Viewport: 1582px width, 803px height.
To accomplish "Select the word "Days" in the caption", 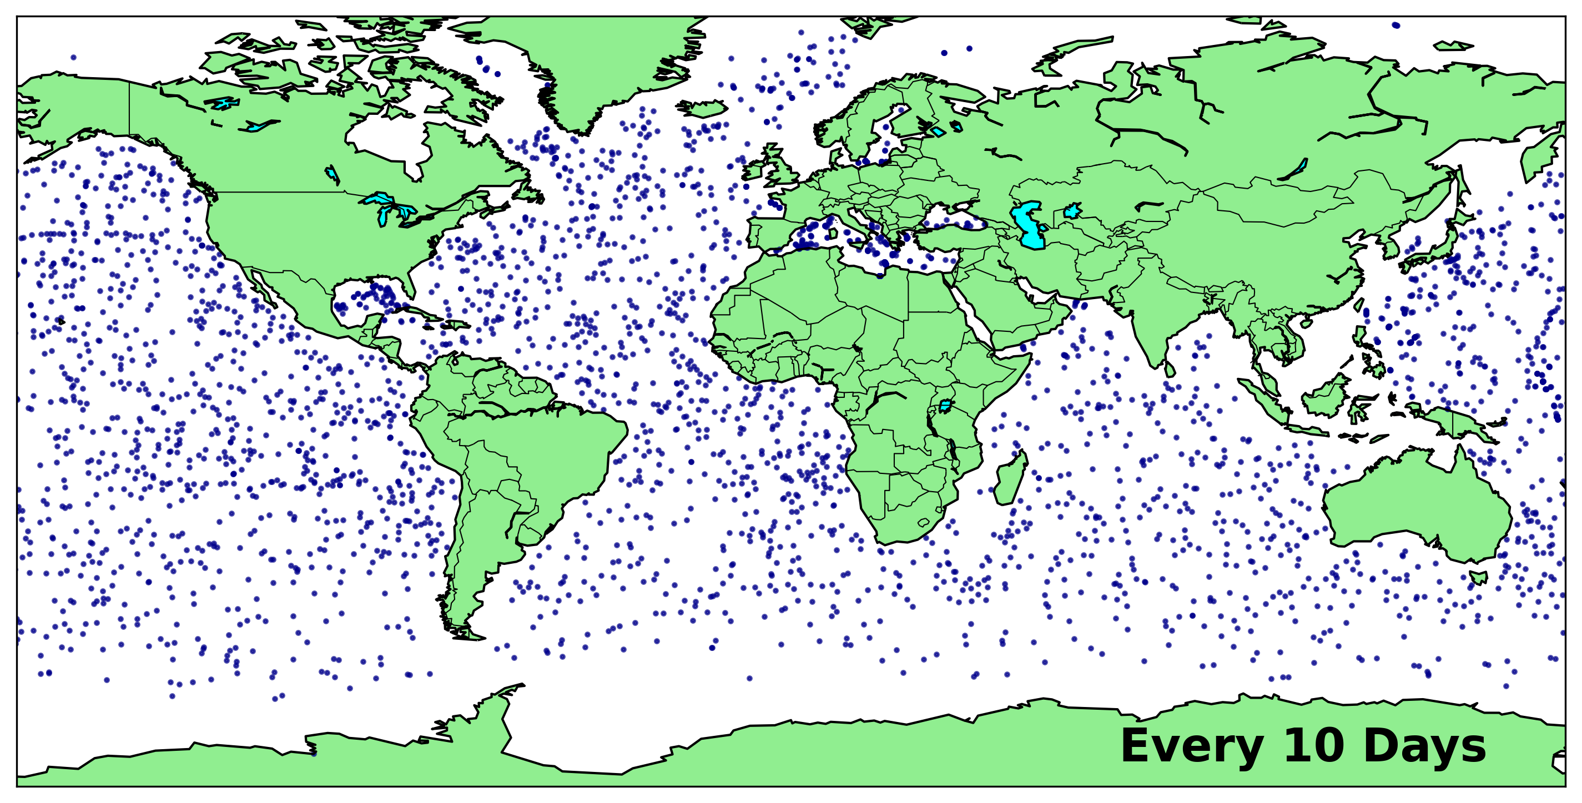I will (x=1424, y=746).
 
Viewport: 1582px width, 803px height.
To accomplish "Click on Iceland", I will (x=702, y=109).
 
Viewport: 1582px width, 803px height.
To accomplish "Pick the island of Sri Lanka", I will (x=1170, y=370).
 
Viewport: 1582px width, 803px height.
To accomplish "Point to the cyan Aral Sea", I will (x=1072, y=212).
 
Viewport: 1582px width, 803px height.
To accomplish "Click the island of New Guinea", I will (x=1459, y=423).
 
